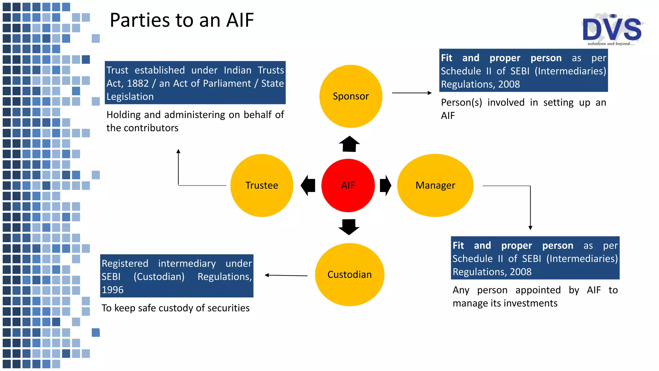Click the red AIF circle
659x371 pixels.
[348, 185]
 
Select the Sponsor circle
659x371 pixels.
[351, 96]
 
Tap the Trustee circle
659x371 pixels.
[262, 185]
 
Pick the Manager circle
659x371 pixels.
[435, 185]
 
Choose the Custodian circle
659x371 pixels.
[349, 274]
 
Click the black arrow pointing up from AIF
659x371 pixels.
[349, 144]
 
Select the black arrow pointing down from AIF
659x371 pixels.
[349, 227]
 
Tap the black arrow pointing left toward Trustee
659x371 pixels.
[308, 185]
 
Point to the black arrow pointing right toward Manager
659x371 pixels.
[385, 185]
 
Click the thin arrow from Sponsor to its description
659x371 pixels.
[412, 93]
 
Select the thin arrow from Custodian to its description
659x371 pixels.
[286, 275]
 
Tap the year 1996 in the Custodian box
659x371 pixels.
[113, 290]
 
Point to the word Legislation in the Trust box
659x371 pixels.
[130, 97]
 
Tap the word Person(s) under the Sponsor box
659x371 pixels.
[461, 102]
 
